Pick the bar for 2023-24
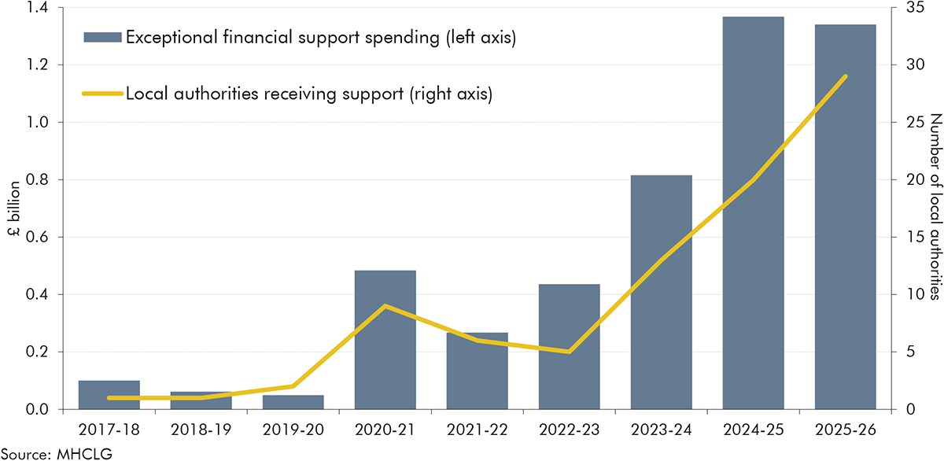662,292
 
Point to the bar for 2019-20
293,402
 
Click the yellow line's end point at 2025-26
846,76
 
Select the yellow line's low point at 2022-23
570,352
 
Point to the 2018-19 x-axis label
201,430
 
